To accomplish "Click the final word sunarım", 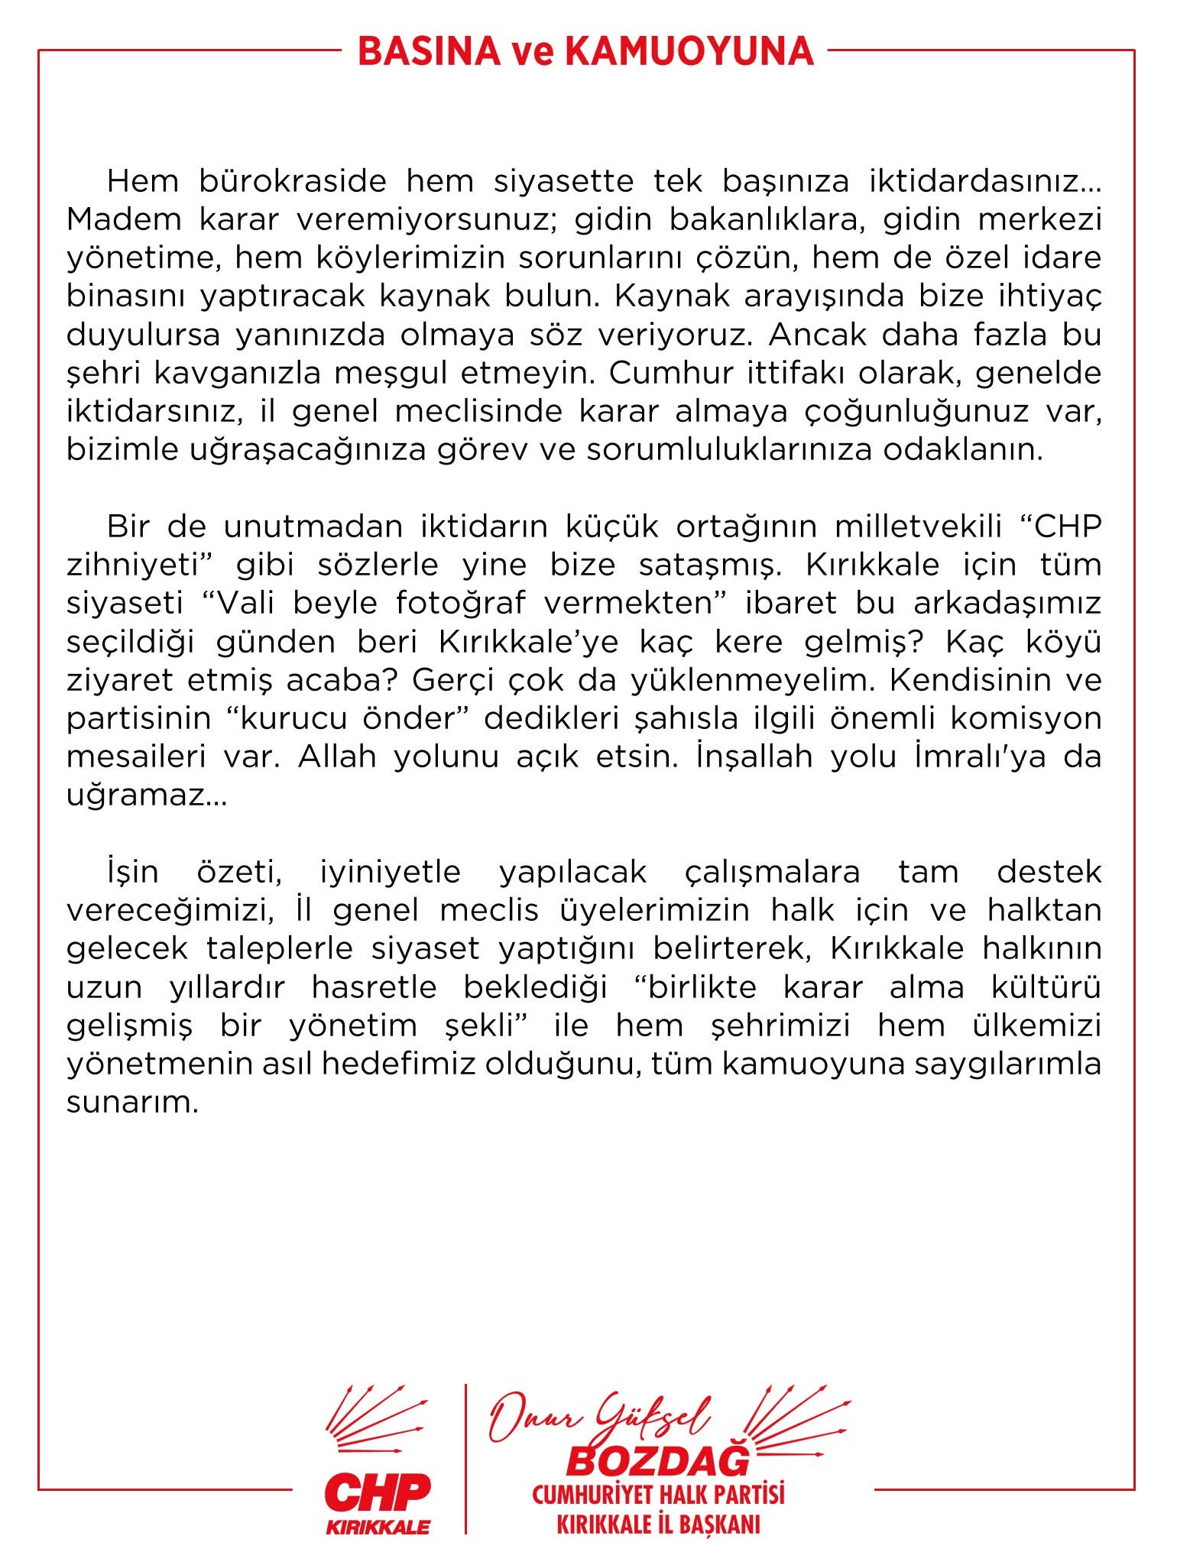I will (131, 1103).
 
